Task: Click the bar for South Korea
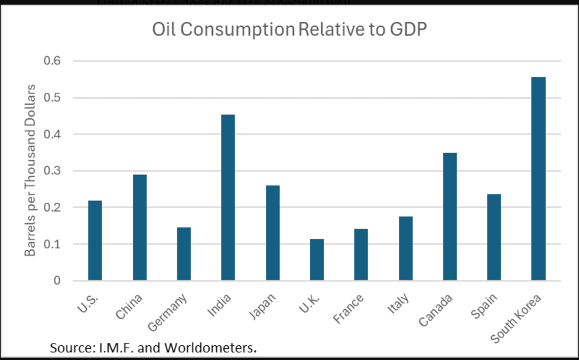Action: click(538, 179)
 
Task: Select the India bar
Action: click(228, 197)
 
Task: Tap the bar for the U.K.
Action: click(317, 260)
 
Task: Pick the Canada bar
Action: click(450, 216)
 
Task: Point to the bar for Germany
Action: click(184, 254)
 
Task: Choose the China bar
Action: click(139, 228)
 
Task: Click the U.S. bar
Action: click(95, 241)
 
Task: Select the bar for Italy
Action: click(405, 248)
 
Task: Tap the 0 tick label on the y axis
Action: click(57, 281)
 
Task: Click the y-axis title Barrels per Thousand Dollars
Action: click(30, 170)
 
